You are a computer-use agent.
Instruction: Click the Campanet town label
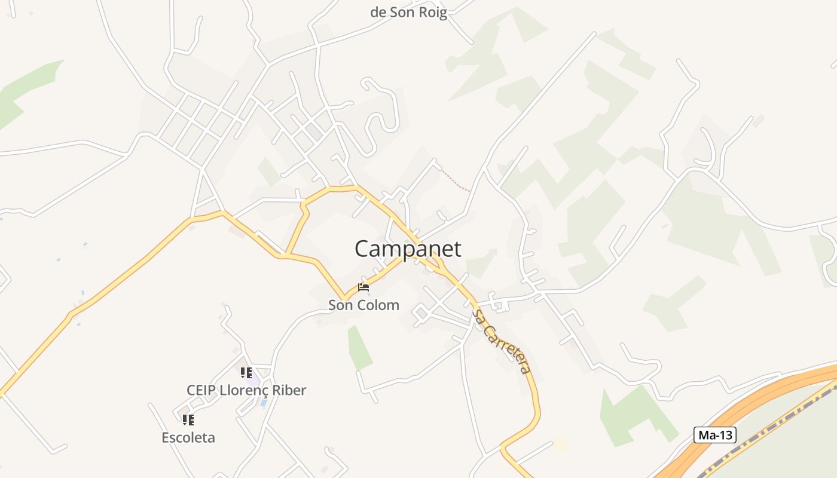pos(408,249)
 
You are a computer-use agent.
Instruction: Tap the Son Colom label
pos(363,305)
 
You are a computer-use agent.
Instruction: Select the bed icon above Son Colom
pos(363,287)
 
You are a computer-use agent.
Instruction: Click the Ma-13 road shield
pos(714,435)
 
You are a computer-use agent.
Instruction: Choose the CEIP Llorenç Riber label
pos(246,390)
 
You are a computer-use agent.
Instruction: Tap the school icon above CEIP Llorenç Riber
pos(246,373)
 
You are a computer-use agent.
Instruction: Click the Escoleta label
pos(188,437)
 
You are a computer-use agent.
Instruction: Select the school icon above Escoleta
pos(188,420)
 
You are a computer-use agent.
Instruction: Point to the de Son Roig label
pos(408,13)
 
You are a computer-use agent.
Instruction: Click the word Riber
pos(286,390)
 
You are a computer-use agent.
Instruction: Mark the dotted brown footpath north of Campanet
pos(456,181)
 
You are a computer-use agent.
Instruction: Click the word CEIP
pos(201,390)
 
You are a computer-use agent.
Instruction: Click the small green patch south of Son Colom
pos(359,348)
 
